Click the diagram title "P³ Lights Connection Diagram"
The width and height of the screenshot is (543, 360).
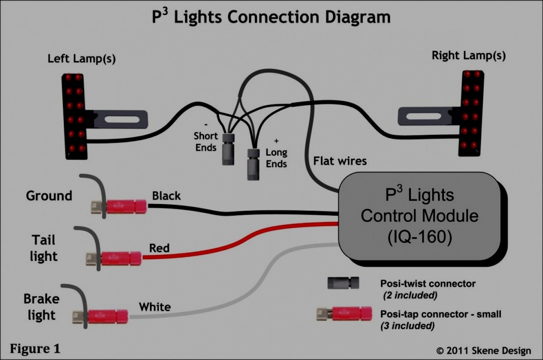click(x=271, y=17)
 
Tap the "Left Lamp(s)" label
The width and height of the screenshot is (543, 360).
click(x=81, y=59)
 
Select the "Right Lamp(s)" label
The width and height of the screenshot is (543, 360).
click(x=468, y=55)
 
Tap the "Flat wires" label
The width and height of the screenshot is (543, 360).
click(x=340, y=161)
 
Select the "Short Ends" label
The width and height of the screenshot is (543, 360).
click(x=206, y=141)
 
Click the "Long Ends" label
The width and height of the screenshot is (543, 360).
click(x=276, y=158)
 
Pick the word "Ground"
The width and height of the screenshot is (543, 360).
click(x=49, y=196)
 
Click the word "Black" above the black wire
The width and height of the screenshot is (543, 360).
click(x=166, y=196)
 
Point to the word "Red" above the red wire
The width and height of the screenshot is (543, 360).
click(x=159, y=248)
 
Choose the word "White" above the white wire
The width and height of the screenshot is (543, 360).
click(x=154, y=307)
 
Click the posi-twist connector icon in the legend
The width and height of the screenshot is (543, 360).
click(x=344, y=283)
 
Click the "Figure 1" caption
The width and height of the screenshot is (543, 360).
click(x=35, y=348)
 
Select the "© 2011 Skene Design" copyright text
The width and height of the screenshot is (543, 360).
click(x=483, y=350)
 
